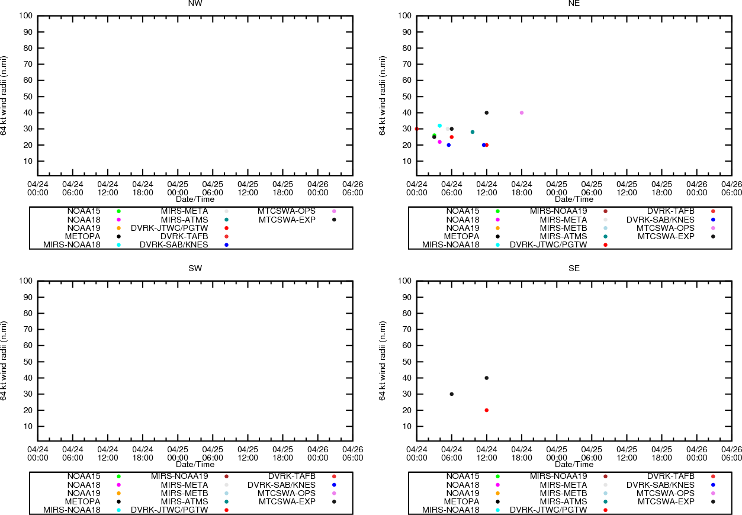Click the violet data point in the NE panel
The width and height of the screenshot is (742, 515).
pos(522,112)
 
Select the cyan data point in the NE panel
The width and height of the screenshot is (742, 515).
pos(439,125)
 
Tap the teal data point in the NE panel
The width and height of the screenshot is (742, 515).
pos(473,132)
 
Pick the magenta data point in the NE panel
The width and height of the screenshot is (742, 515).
pos(439,142)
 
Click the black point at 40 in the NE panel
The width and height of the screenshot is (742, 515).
pos(487,112)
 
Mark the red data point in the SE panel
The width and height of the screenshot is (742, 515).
pos(487,410)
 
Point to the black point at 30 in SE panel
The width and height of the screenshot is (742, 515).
pos(452,394)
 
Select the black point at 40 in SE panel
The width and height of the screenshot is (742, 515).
pos(487,378)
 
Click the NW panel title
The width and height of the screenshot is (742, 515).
pos(195,3)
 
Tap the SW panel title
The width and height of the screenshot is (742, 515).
pos(195,268)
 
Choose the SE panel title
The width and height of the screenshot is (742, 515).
pos(574,268)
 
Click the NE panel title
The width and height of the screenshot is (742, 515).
pos(574,3)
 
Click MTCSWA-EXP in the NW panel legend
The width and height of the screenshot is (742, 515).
pos(287,220)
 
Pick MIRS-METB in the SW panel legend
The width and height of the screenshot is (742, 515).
pos(184,493)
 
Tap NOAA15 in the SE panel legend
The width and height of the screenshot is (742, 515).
pos(462,476)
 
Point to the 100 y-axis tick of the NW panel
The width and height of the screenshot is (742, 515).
pos(26,15)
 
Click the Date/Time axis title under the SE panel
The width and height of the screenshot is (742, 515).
pos(574,465)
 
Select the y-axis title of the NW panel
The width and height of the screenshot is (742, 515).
pos(4,95)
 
